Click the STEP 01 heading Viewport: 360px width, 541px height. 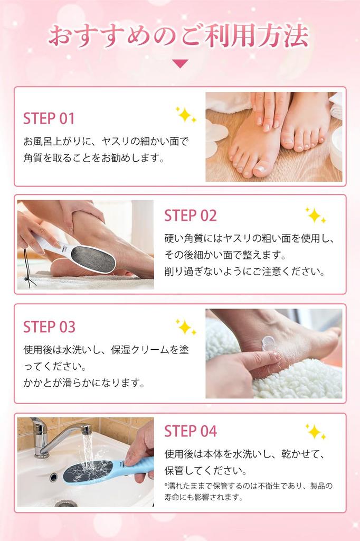point(49,119)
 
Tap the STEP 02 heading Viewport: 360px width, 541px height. point(191,216)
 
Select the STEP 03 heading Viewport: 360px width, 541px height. point(49,327)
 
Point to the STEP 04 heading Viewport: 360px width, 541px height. point(191,431)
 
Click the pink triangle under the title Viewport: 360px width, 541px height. point(180,63)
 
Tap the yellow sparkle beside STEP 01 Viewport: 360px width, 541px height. point(185,115)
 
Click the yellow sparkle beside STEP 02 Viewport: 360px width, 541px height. point(315,216)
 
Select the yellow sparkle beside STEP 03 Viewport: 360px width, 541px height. point(185,327)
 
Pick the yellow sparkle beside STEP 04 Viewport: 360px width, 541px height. point(315,432)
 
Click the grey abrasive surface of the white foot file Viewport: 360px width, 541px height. point(92,259)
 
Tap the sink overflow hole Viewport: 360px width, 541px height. point(53,478)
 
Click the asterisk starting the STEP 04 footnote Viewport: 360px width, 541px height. point(166,486)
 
